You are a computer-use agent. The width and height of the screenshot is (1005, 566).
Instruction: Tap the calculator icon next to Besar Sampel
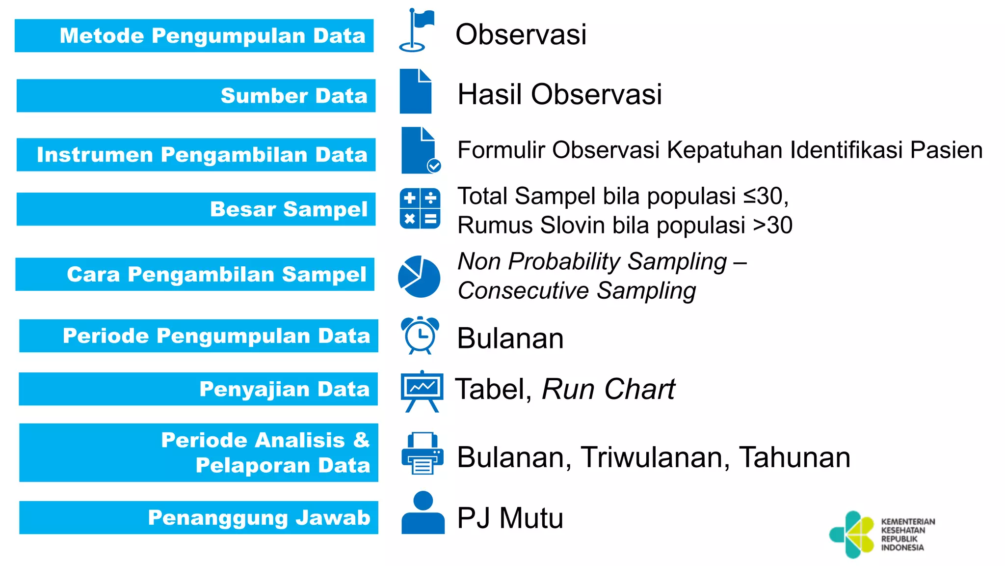[420, 209]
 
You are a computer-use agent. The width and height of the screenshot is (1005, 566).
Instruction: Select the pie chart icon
[419, 276]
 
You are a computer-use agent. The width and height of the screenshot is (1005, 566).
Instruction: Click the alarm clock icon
[420, 335]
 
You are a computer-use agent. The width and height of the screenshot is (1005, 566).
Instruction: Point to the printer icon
[422, 453]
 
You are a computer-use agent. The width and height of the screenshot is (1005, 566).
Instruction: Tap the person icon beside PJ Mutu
[423, 513]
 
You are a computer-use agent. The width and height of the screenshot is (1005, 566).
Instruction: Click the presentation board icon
[422, 391]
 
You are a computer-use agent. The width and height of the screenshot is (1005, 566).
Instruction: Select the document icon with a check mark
[420, 150]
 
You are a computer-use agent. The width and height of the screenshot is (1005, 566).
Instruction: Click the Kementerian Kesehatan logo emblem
[852, 535]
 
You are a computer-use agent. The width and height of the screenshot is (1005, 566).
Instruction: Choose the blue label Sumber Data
[196, 96]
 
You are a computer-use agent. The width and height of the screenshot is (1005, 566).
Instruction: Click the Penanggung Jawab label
[199, 517]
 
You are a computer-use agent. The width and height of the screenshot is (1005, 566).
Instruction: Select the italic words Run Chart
[608, 389]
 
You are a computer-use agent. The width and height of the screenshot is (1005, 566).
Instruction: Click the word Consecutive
[523, 290]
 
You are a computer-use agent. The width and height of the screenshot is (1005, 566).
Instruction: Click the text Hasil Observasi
[559, 94]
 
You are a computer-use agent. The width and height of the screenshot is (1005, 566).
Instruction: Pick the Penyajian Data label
[198, 389]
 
